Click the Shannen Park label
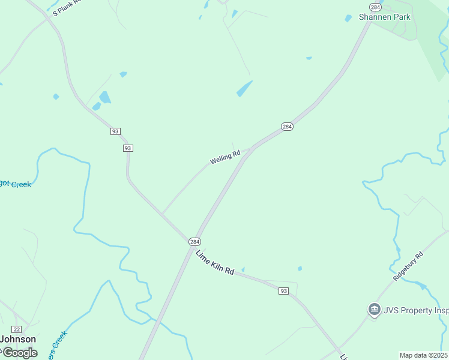pyautogui.click(x=385, y=17)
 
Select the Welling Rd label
pyautogui.click(x=225, y=157)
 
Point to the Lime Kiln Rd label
pyautogui.click(x=214, y=262)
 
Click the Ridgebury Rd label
pyautogui.click(x=408, y=267)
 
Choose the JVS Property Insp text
pyautogui.click(x=416, y=310)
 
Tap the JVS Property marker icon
pyautogui.click(x=374, y=310)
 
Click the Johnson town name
pyautogui.click(x=17, y=339)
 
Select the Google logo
pyautogui.click(x=19, y=353)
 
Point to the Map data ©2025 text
pyautogui.click(x=423, y=355)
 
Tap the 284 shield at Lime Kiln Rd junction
pyautogui.click(x=194, y=241)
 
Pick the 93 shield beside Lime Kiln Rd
pyautogui.click(x=284, y=291)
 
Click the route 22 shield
pyautogui.click(x=17, y=329)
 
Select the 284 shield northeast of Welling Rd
pyautogui.click(x=287, y=127)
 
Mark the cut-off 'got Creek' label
pyautogui.click(x=15, y=184)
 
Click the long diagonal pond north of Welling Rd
pyautogui.click(x=244, y=89)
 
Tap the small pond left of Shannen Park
pyautogui.click(x=348, y=19)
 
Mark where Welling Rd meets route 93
pyautogui.click(x=162, y=214)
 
